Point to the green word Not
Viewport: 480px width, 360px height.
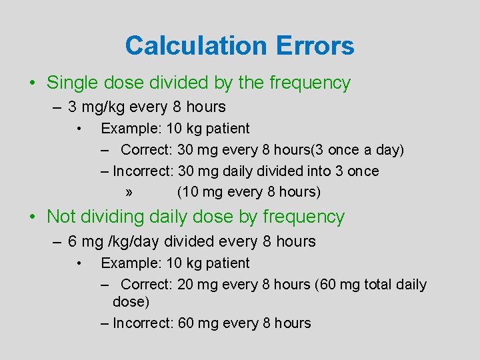[x=61, y=217]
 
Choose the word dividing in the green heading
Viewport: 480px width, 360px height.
[x=114, y=217]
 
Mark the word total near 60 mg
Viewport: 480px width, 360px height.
[x=375, y=285]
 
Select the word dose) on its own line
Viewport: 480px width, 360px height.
[x=131, y=302]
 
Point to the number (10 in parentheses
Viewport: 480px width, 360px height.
[x=187, y=193]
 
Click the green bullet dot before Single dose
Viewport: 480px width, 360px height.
[x=32, y=83]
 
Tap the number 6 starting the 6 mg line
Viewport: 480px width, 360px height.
[x=72, y=241]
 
